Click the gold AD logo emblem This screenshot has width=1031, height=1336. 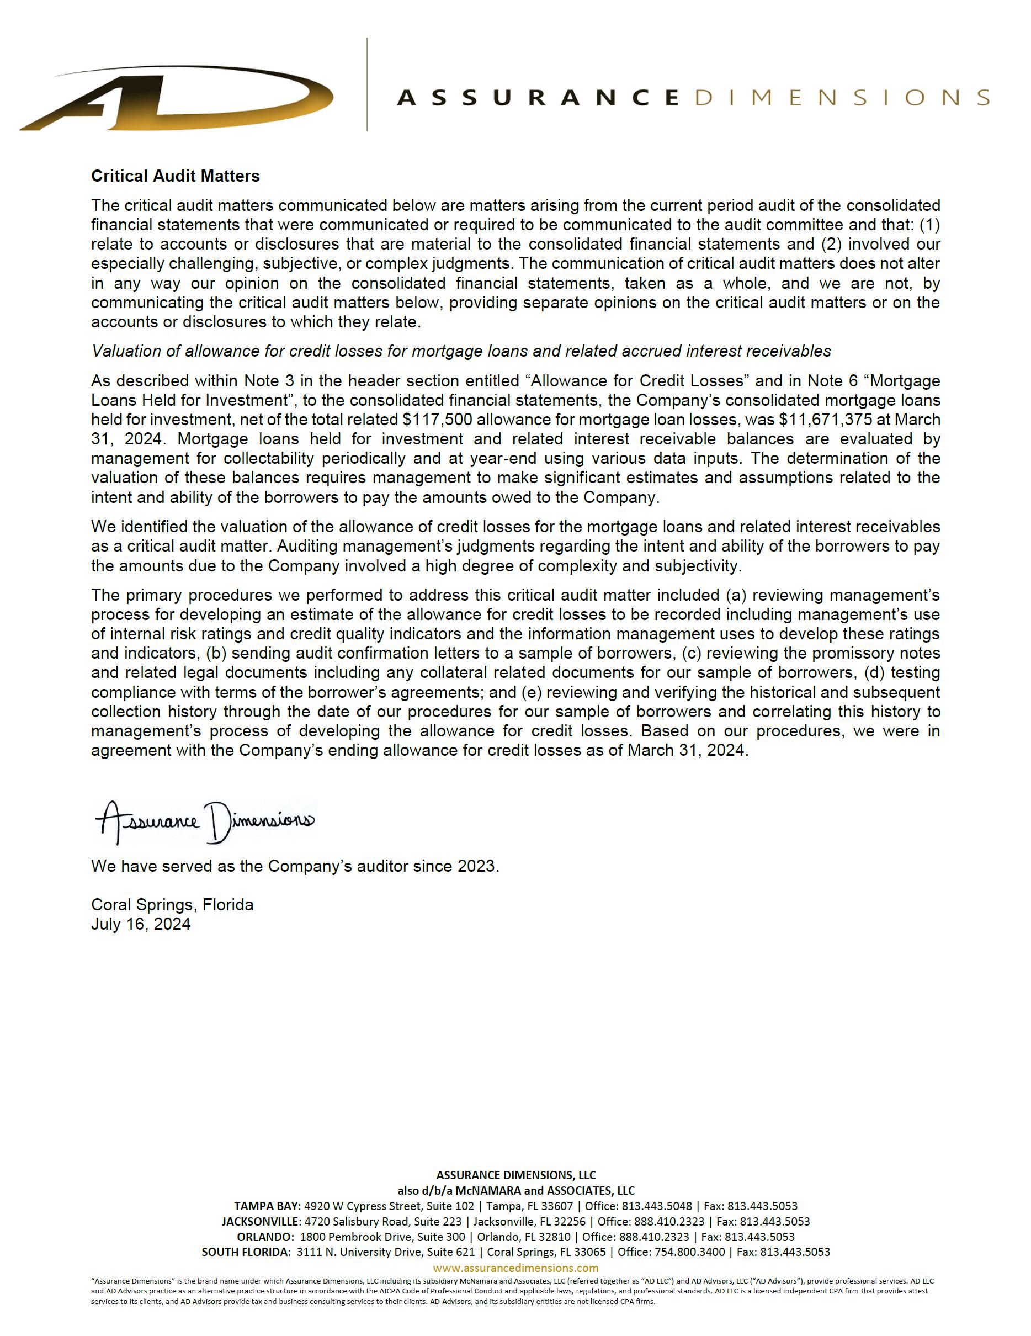pyautogui.click(x=177, y=100)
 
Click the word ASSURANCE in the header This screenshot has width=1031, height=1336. pyautogui.click(x=538, y=98)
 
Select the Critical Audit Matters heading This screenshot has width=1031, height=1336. pyautogui.click(x=176, y=176)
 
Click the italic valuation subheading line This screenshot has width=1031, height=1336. pyautogui.click(x=461, y=351)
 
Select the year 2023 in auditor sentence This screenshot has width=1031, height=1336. pyautogui.click(x=476, y=866)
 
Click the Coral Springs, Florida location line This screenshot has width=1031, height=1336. pyautogui.click(x=172, y=905)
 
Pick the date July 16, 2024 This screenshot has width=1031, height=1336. pyautogui.click(x=141, y=924)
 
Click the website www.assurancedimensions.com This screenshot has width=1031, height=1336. pyautogui.click(x=515, y=1268)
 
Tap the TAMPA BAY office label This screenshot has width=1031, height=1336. pyautogui.click(x=267, y=1206)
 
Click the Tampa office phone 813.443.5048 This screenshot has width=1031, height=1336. pyautogui.click(x=657, y=1206)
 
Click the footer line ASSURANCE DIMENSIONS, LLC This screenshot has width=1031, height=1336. pyautogui.click(x=515, y=1175)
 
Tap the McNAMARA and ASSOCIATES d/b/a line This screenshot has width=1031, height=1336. pyautogui.click(x=515, y=1190)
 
